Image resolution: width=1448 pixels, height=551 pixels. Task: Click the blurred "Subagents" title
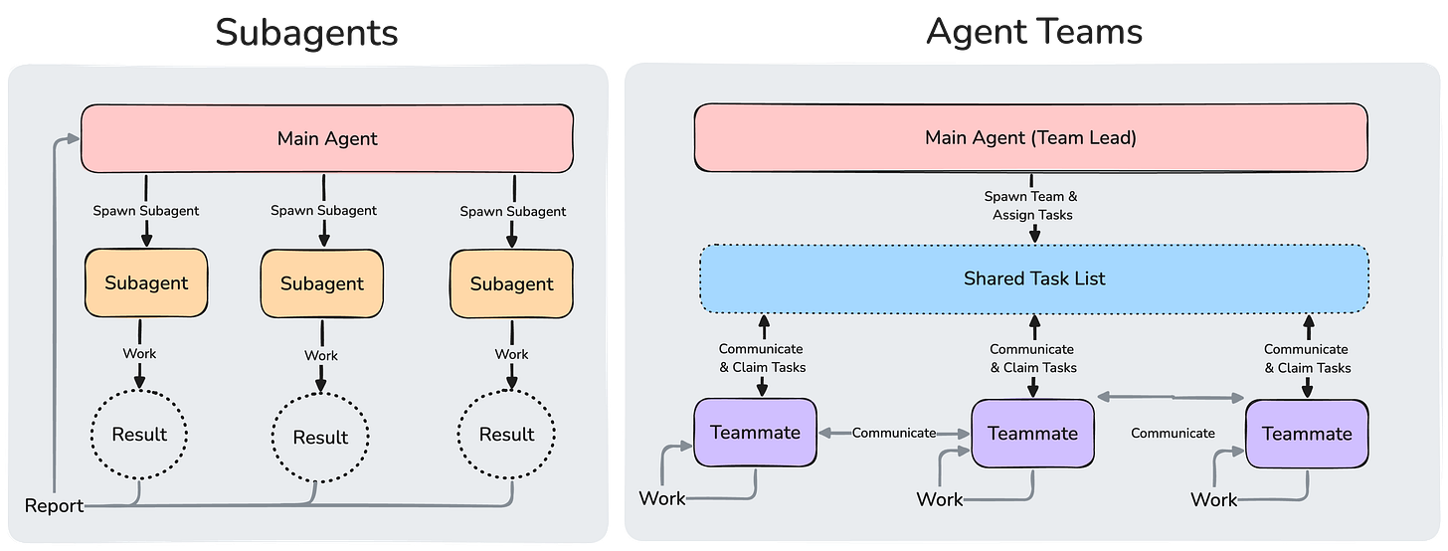point(307,33)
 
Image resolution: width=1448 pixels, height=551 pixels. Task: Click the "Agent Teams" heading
point(1034,33)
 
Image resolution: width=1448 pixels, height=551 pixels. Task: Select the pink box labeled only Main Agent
point(326,138)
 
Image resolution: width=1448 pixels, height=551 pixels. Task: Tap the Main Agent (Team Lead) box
point(1030,138)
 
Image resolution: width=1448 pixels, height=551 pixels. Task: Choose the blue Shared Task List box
point(1034,278)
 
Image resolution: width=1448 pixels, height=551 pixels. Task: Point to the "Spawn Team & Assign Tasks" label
point(1034,206)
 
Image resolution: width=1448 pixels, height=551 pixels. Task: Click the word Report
point(54,506)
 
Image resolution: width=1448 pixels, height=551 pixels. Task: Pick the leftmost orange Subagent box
point(147,282)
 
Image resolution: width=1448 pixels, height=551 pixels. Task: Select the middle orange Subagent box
point(321,283)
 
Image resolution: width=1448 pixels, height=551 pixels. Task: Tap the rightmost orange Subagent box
point(511,283)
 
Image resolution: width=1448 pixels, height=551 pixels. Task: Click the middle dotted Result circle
point(320,437)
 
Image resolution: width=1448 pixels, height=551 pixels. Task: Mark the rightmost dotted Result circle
point(506,435)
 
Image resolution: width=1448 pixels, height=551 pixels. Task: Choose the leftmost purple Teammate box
point(755,433)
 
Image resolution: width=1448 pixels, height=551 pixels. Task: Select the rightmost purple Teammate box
point(1306,434)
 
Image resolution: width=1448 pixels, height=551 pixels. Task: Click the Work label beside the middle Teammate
point(939,498)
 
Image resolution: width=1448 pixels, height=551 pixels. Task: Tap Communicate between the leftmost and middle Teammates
point(893,433)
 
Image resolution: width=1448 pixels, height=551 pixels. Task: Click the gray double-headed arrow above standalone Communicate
point(1171,397)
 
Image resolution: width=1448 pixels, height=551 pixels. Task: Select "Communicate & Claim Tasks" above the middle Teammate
point(1031,358)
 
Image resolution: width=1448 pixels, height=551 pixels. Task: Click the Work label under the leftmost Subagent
point(139,353)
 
